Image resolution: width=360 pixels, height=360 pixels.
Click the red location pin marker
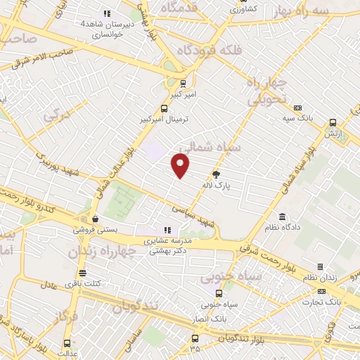[181, 165]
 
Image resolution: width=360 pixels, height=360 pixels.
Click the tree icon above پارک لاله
[216, 174]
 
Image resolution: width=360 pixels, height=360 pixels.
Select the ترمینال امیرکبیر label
[164, 120]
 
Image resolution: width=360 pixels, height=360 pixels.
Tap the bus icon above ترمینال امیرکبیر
[164, 108]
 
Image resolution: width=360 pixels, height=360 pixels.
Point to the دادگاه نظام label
[283, 226]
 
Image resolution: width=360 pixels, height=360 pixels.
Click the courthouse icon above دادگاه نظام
[283, 216]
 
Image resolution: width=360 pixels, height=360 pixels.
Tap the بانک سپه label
[298, 117]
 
